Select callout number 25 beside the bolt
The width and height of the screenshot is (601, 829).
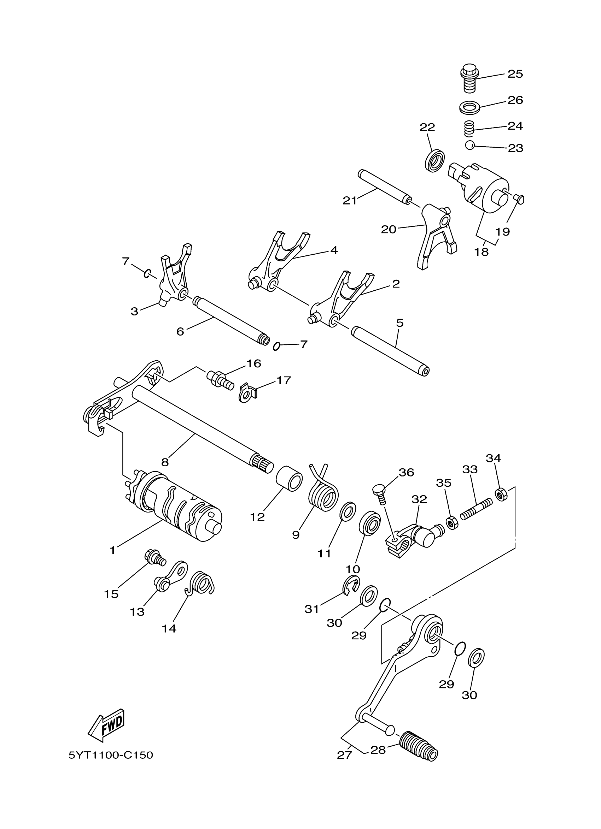(515, 74)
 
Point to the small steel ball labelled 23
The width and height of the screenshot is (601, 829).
(470, 145)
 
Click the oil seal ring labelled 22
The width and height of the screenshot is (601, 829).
(435, 160)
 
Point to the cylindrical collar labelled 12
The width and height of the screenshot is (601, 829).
(289, 478)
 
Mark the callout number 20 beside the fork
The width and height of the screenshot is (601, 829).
(389, 230)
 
